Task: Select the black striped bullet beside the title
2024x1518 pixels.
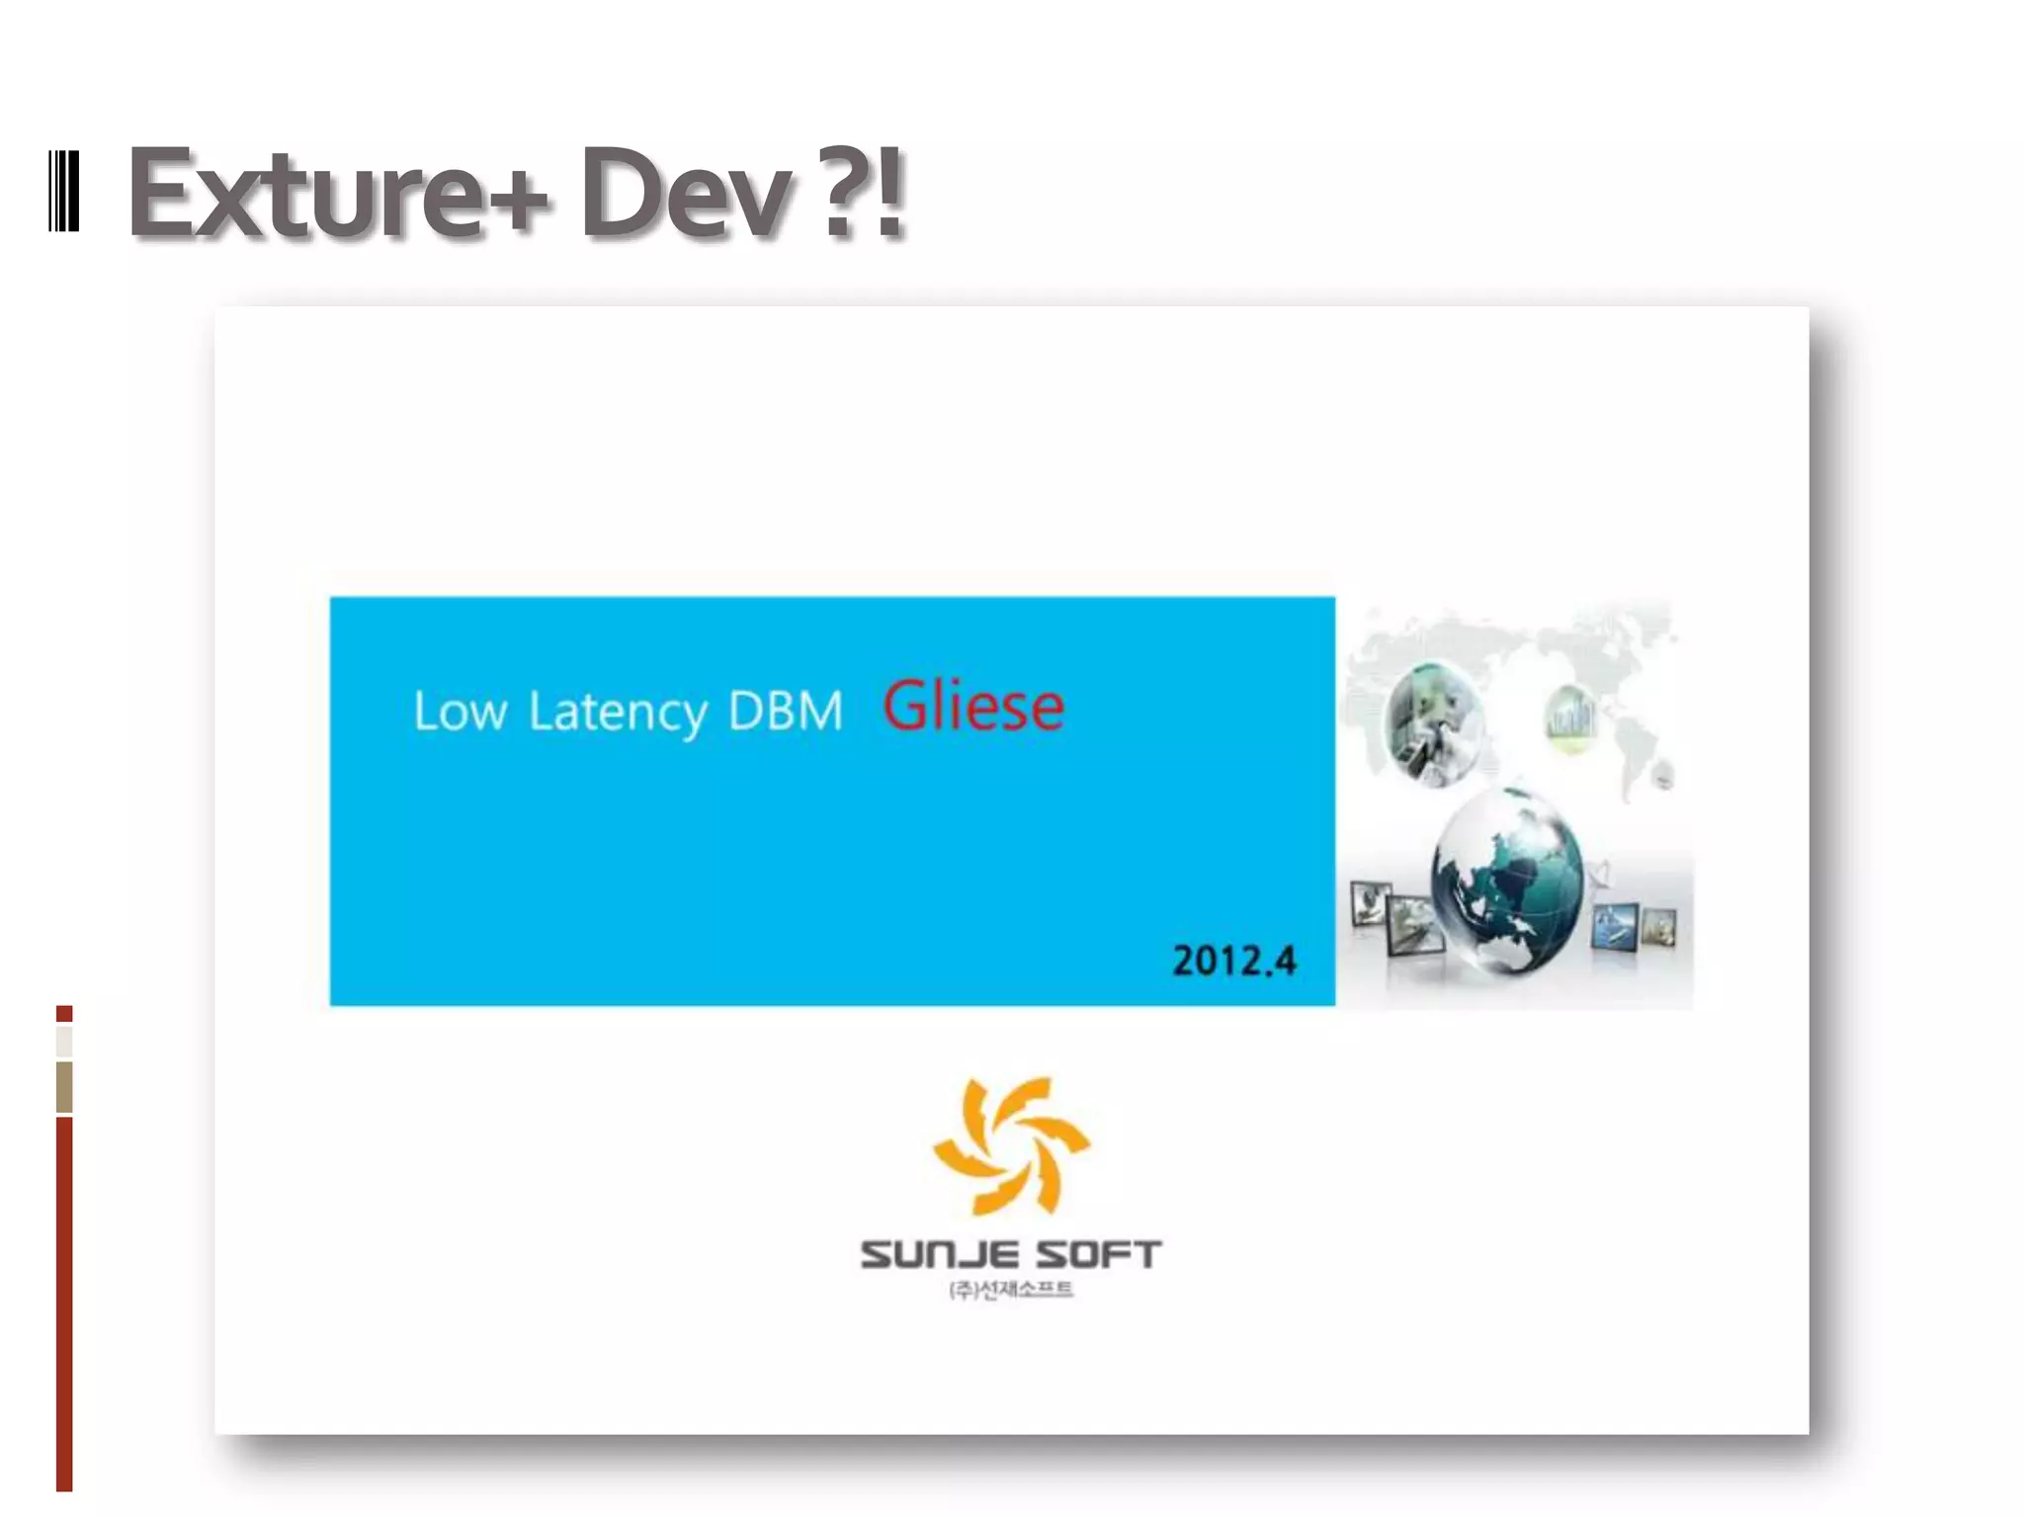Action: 63,192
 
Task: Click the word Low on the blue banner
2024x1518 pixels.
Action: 460,711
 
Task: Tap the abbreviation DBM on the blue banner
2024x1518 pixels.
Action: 786,711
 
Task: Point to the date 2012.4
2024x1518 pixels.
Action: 1233,960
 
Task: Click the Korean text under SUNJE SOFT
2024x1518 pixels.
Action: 1010,1290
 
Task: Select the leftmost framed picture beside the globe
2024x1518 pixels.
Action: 1371,903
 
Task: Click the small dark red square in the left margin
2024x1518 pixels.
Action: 64,1013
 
